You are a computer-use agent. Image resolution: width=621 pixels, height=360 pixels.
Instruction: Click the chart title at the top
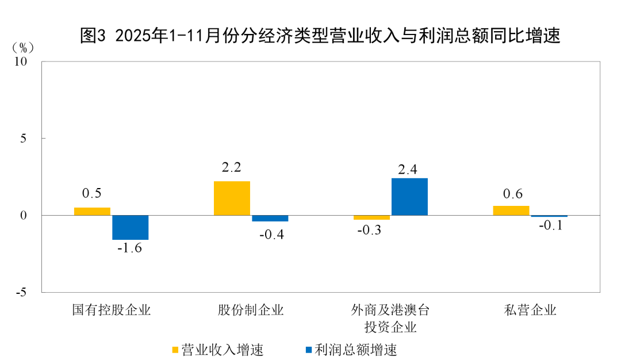[x=320, y=36]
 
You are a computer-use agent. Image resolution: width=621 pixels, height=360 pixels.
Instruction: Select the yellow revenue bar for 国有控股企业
[x=92, y=211]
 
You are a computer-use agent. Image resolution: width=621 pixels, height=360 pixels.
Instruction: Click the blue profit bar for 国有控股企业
[x=131, y=227]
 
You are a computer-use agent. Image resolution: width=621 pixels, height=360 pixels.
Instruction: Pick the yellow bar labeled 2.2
[x=232, y=198]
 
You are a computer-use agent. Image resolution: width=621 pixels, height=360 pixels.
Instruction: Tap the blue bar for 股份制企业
[x=270, y=218]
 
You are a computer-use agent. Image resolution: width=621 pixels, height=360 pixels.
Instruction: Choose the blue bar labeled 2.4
[x=409, y=197]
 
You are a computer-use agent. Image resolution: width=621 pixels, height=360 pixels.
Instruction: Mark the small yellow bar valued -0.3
[x=371, y=217]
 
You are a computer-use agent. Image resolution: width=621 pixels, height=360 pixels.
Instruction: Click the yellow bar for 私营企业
[x=511, y=210]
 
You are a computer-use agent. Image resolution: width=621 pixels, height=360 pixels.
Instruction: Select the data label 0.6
[x=512, y=194]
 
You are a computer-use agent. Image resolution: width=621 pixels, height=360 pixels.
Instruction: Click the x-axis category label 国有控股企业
[x=112, y=311]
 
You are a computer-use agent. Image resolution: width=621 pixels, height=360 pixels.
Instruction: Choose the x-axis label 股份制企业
[x=251, y=311]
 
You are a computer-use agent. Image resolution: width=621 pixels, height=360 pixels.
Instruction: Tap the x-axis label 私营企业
[x=531, y=311]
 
